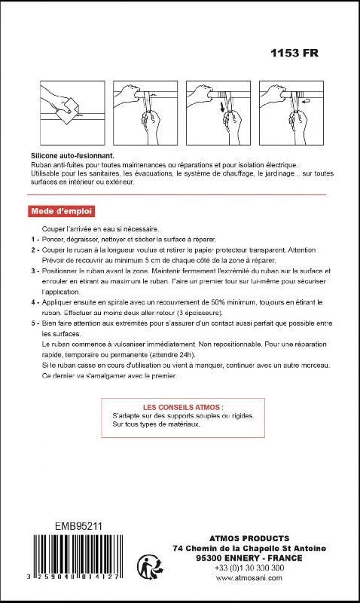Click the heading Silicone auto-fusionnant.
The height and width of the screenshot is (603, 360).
pyautogui.click(x=72, y=155)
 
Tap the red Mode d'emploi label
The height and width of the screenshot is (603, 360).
pyautogui.click(x=63, y=210)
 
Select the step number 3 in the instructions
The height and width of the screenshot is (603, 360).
pyautogui.click(x=35, y=270)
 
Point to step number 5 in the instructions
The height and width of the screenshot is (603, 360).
pyautogui.click(x=35, y=323)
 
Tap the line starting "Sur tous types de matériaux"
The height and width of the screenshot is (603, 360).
pyautogui.click(x=156, y=424)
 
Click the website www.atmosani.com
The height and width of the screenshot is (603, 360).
pyautogui.click(x=249, y=578)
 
